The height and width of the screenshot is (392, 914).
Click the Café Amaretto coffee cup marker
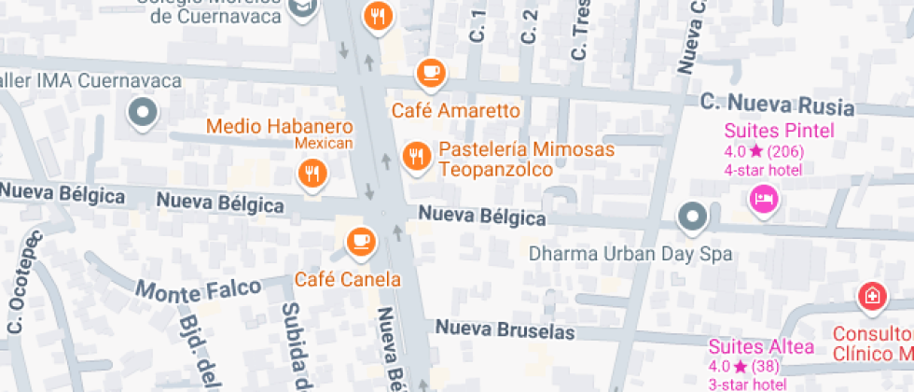tap(430, 71)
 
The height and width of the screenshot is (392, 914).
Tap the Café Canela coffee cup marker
tap(360, 243)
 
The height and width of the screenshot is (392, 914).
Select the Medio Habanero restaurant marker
tap(312, 172)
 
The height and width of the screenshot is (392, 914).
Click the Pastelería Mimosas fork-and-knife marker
tap(415, 156)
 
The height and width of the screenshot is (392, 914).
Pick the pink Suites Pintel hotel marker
tap(763, 198)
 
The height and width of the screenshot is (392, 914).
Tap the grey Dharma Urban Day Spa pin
tap(691, 217)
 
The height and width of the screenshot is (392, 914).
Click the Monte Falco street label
tap(197, 289)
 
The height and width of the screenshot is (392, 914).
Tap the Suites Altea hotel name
tap(761, 347)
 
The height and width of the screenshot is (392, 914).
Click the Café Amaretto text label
tap(455, 110)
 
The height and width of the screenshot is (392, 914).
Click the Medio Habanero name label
tap(280, 126)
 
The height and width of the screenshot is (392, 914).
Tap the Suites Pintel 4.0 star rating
tap(764, 151)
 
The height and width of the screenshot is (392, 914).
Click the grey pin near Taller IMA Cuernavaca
tap(143, 113)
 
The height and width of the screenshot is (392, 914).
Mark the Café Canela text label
tap(348, 279)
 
